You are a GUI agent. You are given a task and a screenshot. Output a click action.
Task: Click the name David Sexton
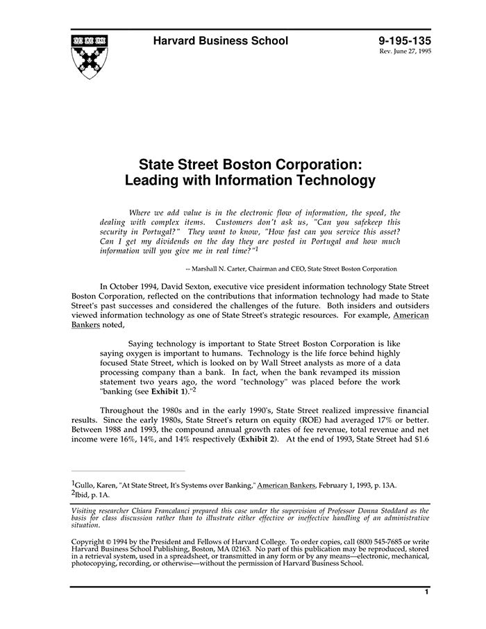210,286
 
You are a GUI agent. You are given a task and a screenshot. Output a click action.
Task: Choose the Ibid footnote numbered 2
90,495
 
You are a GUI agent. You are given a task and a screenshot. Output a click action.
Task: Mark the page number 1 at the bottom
426,592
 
